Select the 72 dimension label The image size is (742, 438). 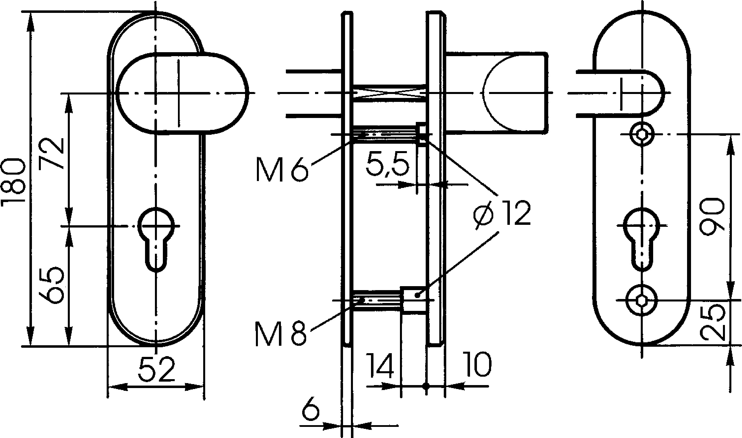click(x=52, y=154)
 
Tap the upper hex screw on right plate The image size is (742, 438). click(x=641, y=135)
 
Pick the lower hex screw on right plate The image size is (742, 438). click(x=641, y=300)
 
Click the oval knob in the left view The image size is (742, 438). click(x=182, y=93)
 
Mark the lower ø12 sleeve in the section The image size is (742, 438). click(x=413, y=300)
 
